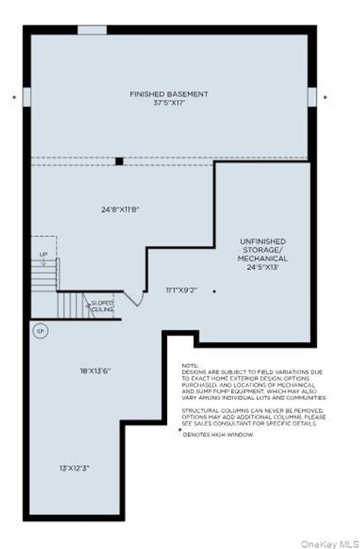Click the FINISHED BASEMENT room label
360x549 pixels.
[x=169, y=94]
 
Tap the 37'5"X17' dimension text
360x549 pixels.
[x=169, y=102]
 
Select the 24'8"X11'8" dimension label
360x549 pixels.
[x=120, y=209]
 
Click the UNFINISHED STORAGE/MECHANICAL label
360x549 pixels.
[x=263, y=250]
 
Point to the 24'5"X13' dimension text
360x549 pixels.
[x=263, y=267]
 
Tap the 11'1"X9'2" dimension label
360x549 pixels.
[x=181, y=290]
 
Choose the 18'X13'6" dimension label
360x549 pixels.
[x=96, y=371]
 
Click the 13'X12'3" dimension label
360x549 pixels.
[x=75, y=468]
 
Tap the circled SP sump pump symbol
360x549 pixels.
[x=40, y=331]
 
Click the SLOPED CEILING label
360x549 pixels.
[x=102, y=306]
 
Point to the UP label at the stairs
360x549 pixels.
[x=42, y=254]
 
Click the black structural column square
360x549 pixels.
[x=119, y=161]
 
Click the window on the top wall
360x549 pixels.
[x=91, y=30]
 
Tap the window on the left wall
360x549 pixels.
[x=27, y=96]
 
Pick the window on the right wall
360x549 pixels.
[x=312, y=96]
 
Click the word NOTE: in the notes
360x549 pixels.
[x=189, y=366]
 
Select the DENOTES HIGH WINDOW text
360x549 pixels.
[x=217, y=435]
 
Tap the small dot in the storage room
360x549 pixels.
[x=214, y=291]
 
